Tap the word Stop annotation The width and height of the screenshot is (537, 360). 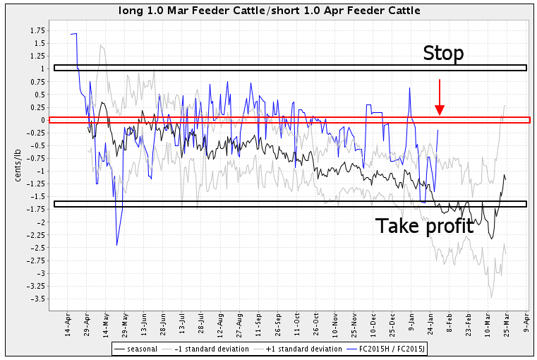pyautogui.click(x=442, y=54)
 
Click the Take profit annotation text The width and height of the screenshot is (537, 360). pyautogui.click(x=423, y=226)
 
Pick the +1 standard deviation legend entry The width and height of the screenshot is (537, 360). pyautogui.click(x=300, y=349)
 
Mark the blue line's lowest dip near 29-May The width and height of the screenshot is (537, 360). pyautogui.click(x=116, y=244)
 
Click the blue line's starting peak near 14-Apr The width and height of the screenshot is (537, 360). pyautogui.click(x=73, y=33)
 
